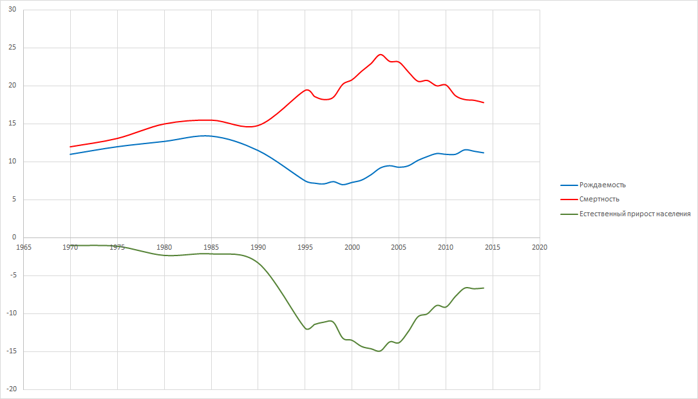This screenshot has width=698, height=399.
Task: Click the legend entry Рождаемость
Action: click(x=602, y=185)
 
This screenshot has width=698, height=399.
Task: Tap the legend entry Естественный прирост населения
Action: click(x=635, y=214)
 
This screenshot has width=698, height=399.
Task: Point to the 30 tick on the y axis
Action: click(x=12, y=10)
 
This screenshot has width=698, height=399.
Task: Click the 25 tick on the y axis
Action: click(x=12, y=48)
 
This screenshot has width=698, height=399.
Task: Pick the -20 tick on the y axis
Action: click(x=10, y=389)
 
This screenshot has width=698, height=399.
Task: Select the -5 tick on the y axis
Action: click(x=12, y=275)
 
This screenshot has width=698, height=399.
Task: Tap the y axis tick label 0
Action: click(x=14, y=237)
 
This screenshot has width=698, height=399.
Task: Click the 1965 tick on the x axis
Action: click(x=24, y=247)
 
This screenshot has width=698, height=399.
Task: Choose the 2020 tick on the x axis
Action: click(x=540, y=247)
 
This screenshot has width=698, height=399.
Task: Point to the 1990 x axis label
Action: click(x=258, y=247)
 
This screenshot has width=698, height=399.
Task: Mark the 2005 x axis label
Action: click(x=399, y=247)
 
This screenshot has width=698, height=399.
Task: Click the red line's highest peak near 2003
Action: click(x=381, y=55)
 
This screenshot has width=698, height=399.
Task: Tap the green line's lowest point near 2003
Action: click(x=379, y=351)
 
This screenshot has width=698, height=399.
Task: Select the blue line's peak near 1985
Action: click(x=205, y=136)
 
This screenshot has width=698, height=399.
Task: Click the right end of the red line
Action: click(x=484, y=103)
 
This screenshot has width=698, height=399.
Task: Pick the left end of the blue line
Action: click(x=70, y=154)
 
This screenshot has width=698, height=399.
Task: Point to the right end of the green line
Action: click(x=484, y=288)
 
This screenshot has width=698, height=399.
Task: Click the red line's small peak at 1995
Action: click(x=307, y=90)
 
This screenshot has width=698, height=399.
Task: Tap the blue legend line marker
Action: click(x=569, y=185)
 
